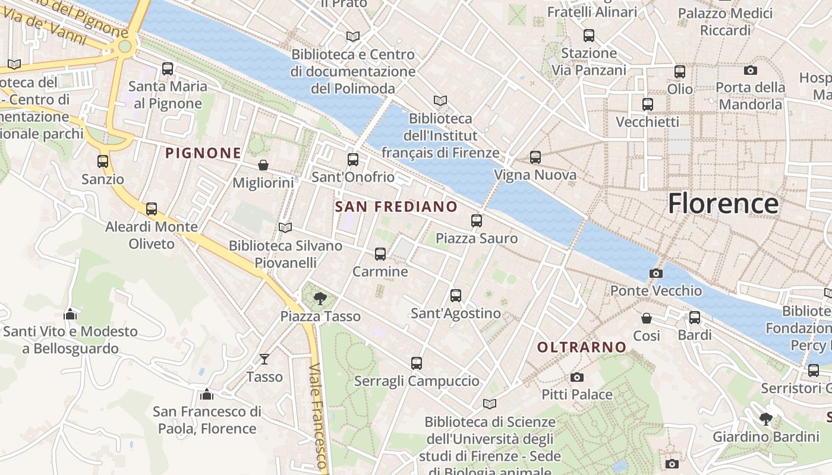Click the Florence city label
pos(723,204)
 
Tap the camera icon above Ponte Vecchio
pos(656,273)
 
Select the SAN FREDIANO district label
pos(396,207)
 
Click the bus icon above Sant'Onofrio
pos(353,159)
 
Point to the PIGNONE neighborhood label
pos(203,153)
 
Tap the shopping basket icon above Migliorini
pos(263,165)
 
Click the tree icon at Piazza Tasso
pos(320,298)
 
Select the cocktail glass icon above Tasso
pos(264,359)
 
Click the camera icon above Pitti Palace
pos(576,377)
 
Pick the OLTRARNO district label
pos(582,347)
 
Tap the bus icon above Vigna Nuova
pos(535,157)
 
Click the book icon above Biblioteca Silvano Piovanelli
pos(285,227)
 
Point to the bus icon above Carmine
pos(380,254)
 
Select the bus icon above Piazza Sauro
pos(477,221)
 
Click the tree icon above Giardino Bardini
pos(766,419)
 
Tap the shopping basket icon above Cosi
pos(647,318)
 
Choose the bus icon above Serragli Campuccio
pos(417,363)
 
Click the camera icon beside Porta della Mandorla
pos(751,70)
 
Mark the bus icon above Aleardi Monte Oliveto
pos(152,209)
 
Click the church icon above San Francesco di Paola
pos(207,394)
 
